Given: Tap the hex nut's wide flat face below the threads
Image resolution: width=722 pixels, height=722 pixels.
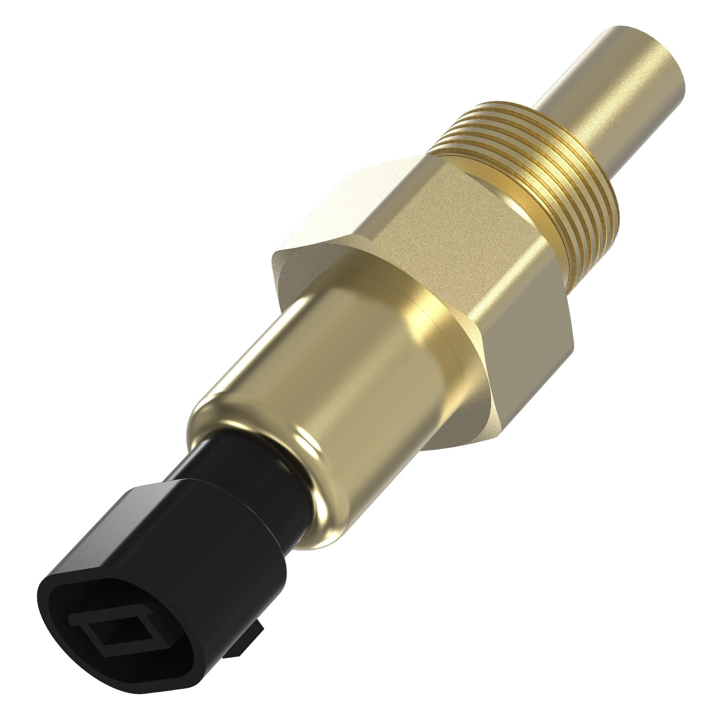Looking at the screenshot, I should point(448,224).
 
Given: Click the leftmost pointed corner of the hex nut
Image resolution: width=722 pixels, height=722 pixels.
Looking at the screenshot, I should point(275,258).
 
